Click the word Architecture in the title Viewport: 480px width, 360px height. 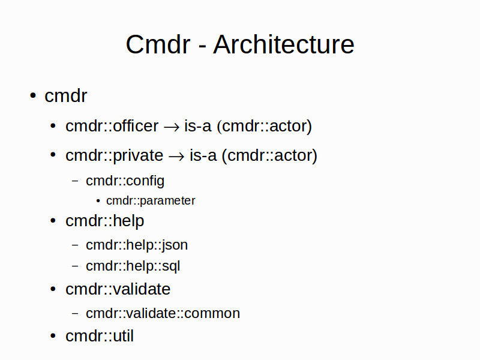283,44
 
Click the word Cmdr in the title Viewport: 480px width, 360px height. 158,44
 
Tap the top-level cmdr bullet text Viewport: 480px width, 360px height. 66,96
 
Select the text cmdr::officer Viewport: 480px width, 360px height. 112,126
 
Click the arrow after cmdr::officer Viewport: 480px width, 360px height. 172,127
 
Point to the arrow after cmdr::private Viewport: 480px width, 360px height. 176,157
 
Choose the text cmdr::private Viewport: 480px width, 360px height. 115,155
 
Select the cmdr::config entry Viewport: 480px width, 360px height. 125,181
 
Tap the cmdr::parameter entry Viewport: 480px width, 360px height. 151,201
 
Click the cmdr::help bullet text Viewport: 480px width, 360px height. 104,221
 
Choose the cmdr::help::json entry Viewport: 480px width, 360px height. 137,245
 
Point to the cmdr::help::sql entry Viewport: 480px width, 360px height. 133,266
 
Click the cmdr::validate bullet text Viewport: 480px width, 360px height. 118,289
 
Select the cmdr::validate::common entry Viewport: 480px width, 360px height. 163,313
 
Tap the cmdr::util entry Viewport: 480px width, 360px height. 100,336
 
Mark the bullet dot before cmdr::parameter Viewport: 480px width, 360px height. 98,201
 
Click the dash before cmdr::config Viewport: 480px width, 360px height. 75,181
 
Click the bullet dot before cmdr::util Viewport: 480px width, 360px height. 53,336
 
